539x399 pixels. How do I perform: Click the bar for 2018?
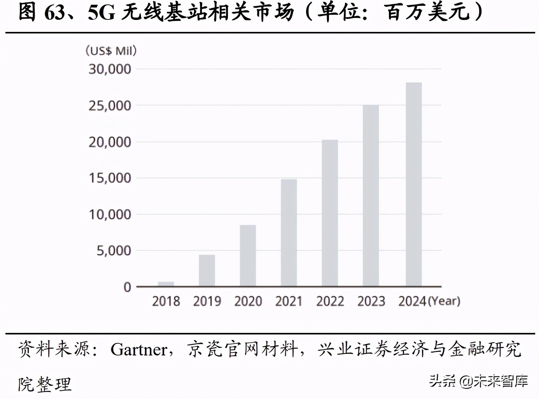click(x=166, y=284)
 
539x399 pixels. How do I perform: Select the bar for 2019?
click(x=207, y=271)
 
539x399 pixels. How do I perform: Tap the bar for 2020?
click(x=248, y=255)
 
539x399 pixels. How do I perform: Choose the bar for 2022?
click(x=330, y=213)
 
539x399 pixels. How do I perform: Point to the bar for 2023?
click(x=371, y=196)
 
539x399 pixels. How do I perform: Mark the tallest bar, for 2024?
click(x=413, y=184)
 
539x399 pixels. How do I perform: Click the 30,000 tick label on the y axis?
click(x=110, y=69)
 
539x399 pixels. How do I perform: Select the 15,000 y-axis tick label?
click(x=110, y=178)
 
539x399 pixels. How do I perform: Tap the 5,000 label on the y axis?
click(x=114, y=251)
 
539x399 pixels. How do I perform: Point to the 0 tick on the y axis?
click(x=127, y=287)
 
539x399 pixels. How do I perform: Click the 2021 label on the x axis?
click(x=289, y=301)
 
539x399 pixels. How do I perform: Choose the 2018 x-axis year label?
click(x=166, y=301)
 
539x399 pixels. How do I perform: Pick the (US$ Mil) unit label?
click(x=111, y=51)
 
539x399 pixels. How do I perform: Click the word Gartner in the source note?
click(x=139, y=349)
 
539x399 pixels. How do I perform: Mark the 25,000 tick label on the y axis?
click(x=110, y=105)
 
